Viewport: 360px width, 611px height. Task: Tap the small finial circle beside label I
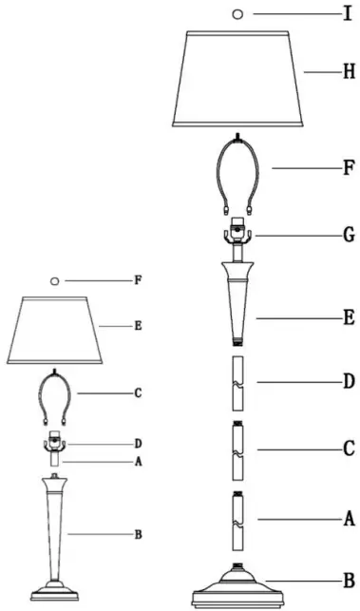click(237, 14)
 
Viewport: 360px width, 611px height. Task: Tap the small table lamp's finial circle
click(54, 280)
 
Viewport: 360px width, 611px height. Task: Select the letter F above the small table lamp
click(138, 280)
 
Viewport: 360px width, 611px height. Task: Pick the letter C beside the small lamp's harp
click(138, 392)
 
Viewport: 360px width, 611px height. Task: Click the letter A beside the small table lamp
click(138, 463)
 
